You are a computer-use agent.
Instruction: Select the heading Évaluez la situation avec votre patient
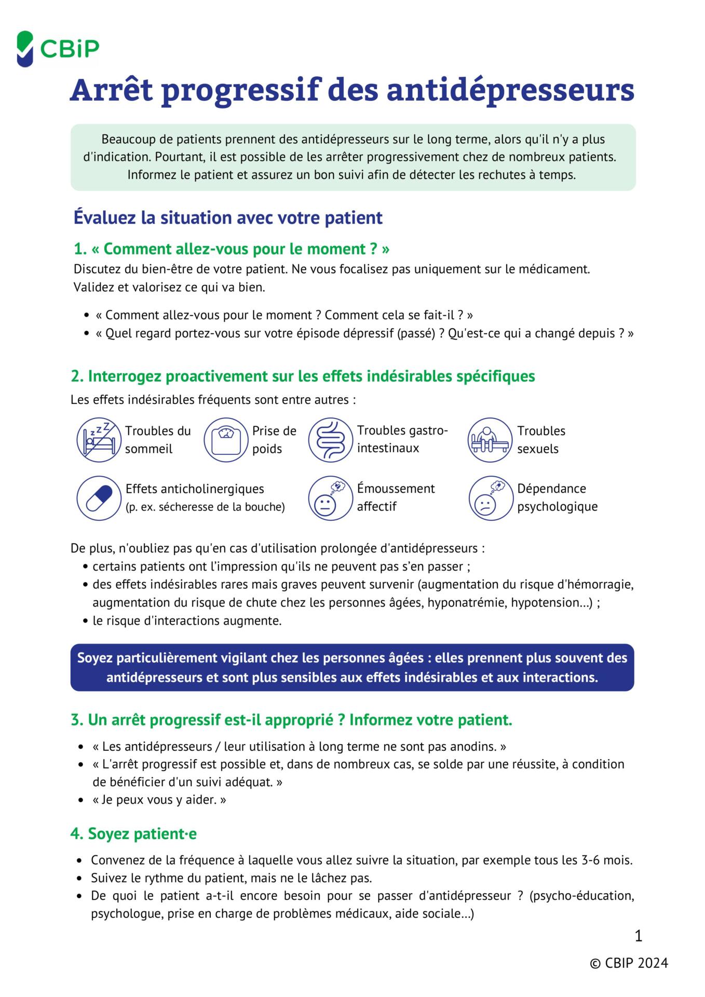[228, 218]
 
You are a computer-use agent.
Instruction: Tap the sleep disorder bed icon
[99, 440]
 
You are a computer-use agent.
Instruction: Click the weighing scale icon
[226, 440]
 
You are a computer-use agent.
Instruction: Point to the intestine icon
[331, 440]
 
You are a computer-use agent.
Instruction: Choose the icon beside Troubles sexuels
[490, 440]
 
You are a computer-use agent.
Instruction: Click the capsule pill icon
[99, 498]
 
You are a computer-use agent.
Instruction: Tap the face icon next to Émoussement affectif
[331, 498]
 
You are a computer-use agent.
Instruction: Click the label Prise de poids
[274, 440]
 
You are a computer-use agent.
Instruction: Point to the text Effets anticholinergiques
[195, 489]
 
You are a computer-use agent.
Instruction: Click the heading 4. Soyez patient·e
[133, 834]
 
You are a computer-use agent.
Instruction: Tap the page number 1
[639, 936]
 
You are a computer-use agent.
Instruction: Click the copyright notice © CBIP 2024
[629, 963]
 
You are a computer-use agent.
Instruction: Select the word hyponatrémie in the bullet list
[471, 603]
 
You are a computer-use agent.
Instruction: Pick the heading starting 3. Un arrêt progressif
[291, 720]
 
